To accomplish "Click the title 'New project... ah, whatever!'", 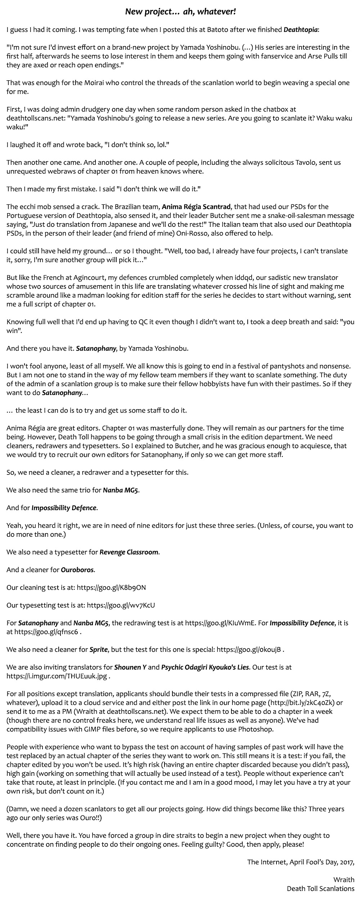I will (x=180, y=12).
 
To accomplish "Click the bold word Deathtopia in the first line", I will (x=301, y=30).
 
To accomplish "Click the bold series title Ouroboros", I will (x=77, y=570).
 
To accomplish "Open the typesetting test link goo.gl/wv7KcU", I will (x=121, y=605).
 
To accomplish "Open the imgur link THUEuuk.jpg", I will (x=57, y=676).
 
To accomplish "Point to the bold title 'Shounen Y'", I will (x=130, y=667).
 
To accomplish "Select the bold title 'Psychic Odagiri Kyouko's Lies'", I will (x=205, y=667).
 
